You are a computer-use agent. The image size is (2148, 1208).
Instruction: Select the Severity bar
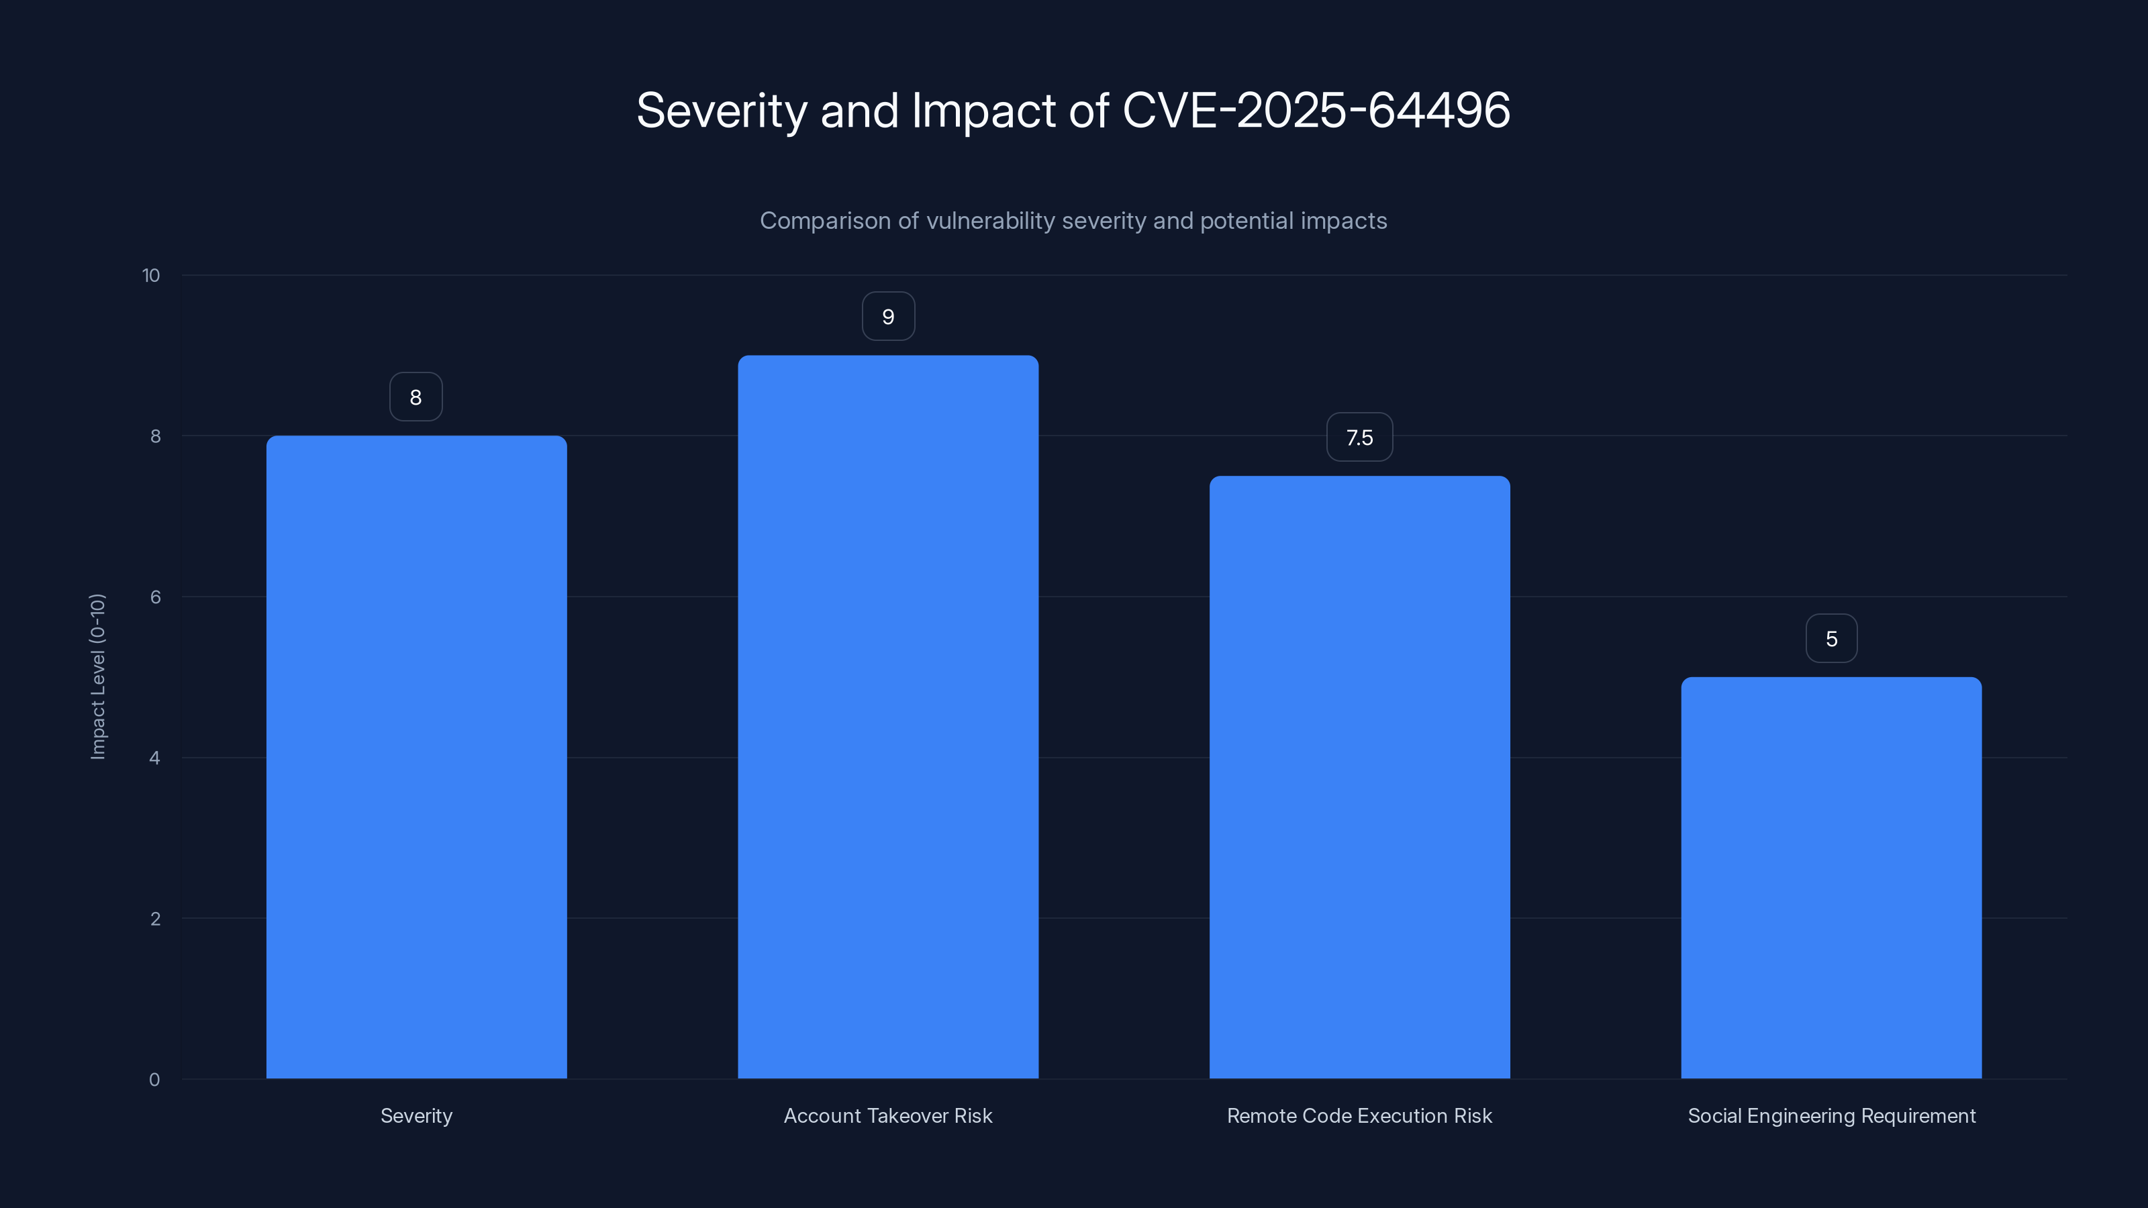pyautogui.click(x=416, y=757)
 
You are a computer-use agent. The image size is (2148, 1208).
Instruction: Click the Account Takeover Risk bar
pyautogui.click(x=888, y=717)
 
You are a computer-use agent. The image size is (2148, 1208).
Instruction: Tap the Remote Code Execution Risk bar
pyautogui.click(x=1359, y=777)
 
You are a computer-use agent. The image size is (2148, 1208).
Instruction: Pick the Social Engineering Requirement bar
pyautogui.click(x=1831, y=878)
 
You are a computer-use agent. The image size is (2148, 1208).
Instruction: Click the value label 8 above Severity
pyautogui.click(x=416, y=397)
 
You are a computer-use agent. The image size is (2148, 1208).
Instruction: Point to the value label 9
pyautogui.click(x=888, y=317)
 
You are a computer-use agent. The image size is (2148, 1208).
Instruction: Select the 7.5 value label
pyautogui.click(x=1359, y=438)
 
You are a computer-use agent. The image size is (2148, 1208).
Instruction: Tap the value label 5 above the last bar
pyautogui.click(x=1831, y=639)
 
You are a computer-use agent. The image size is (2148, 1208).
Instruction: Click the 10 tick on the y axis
pyautogui.click(x=151, y=275)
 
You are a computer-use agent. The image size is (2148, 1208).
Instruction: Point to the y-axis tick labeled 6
pyautogui.click(x=155, y=597)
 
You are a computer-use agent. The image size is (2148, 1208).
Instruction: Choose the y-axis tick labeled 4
pyautogui.click(x=155, y=758)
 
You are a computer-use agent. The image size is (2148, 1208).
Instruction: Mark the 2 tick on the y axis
pyautogui.click(x=155, y=919)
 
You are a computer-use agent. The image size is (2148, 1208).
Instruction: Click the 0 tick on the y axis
pyautogui.click(x=155, y=1080)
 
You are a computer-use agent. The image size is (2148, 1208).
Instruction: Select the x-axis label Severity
pyautogui.click(x=416, y=1115)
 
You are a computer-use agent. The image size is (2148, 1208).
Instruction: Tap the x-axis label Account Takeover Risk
pyautogui.click(x=888, y=1115)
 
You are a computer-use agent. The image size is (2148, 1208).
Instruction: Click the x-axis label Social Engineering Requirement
pyautogui.click(x=1831, y=1115)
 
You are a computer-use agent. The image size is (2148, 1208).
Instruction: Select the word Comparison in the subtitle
pyautogui.click(x=825, y=221)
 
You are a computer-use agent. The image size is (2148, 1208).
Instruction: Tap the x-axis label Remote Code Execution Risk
pyautogui.click(x=1359, y=1115)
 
